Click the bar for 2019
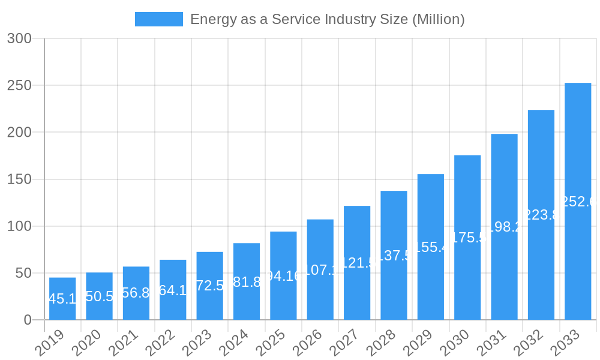[62, 299]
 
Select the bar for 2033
[578, 202]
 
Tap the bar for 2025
[283, 276]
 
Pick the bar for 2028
[394, 256]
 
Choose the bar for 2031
[504, 227]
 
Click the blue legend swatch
[158, 19]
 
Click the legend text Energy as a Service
[327, 19]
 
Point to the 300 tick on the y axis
[19, 38]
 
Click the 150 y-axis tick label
[19, 179]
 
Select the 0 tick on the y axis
[27, 320]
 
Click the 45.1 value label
[62, 299]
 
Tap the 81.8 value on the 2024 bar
[247, 282]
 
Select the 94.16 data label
[283, 276]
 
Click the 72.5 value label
[209, 286]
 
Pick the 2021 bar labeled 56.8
[136, 293]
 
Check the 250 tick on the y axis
[19, 85]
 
